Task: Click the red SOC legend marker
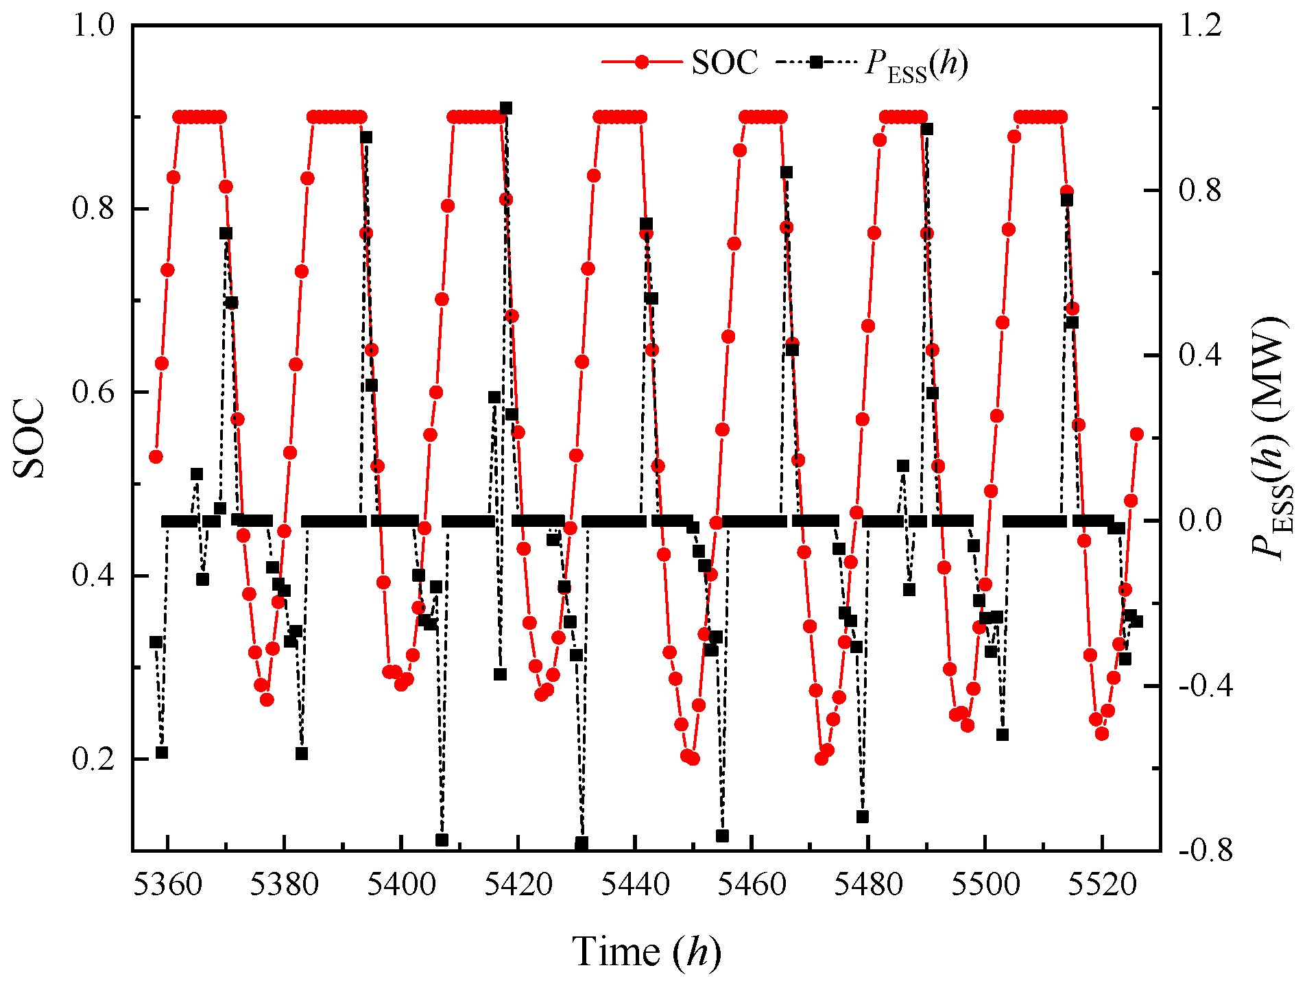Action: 642,62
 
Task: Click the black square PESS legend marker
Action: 816,62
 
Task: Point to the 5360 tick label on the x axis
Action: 167,885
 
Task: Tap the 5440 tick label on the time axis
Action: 635,885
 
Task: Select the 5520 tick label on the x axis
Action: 1103,885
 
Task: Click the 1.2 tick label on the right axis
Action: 1200,25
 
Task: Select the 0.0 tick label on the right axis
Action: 1200,521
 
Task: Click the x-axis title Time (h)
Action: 647,952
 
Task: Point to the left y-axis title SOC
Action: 30,439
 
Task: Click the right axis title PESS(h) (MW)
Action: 1271,439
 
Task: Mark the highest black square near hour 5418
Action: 506,108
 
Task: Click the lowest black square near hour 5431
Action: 581,842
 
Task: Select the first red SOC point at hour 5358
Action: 156,457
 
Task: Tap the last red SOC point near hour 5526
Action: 1137,434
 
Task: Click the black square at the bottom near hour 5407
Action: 442,840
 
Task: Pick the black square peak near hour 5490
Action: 927,129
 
